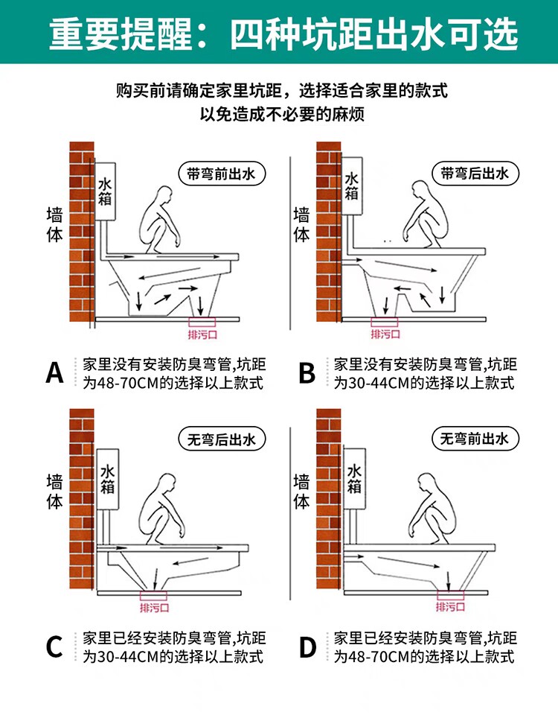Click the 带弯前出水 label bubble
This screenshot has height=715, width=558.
point(221,174)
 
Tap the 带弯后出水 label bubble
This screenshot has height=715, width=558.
point(475,174)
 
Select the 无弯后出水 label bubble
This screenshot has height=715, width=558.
point(222,439)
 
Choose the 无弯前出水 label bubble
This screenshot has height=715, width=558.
point(475,439)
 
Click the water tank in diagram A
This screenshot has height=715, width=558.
point(105,191)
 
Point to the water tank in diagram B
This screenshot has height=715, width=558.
point(352,186)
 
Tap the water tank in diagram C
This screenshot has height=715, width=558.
point(107,479)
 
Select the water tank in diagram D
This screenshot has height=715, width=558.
point(354,479)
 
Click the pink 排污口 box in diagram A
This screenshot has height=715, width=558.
point(202,322)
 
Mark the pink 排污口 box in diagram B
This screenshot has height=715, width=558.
point(385,322)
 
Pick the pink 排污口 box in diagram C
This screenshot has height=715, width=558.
point(153,596)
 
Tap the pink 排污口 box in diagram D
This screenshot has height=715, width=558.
point(451,594)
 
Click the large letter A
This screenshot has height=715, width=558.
point(54,373)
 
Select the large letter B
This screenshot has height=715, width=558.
point(307,373)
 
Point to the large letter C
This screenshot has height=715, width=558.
point(54,646)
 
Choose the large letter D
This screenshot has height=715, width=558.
point(307,646)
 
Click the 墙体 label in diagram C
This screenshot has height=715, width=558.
point(54,491)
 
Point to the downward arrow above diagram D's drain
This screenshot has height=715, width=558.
point(449,579)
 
